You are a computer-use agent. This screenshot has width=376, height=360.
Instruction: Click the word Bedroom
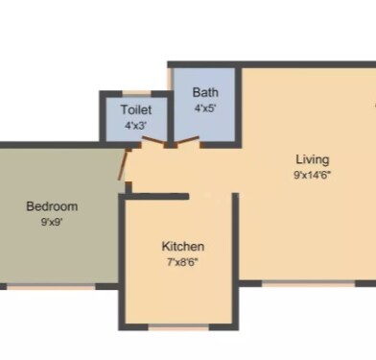click(52, 206)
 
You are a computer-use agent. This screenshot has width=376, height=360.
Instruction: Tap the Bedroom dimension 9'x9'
click(52, 222)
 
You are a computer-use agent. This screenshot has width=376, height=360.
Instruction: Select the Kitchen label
click(183, 247)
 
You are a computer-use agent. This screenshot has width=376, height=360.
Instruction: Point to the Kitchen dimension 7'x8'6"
click(182, 262)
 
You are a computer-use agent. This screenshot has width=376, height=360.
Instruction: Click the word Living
click(313, 159)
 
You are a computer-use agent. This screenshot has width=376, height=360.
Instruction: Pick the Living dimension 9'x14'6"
click(312, 175)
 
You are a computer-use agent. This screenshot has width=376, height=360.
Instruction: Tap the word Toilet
click(136, 109)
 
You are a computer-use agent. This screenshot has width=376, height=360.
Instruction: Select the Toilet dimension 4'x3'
click(136, 125)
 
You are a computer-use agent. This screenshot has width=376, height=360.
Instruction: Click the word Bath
click(205, 92)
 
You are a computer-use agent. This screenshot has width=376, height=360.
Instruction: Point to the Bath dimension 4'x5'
click(205, 108)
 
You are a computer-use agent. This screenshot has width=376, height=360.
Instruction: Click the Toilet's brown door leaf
click(154, 140)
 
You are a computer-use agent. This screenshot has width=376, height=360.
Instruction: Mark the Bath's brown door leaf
click(188, 140)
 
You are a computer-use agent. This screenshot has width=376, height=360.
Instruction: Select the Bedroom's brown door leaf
click(123, 165)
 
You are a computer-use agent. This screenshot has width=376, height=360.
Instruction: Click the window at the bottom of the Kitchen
click(178, 327)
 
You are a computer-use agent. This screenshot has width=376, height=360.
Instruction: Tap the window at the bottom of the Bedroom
click(52, 287)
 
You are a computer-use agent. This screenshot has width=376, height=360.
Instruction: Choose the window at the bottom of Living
click(309, 283)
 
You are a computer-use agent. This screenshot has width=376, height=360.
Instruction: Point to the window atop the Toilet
click(136, 94)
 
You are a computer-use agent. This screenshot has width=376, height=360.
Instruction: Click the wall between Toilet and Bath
click(171, 119)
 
